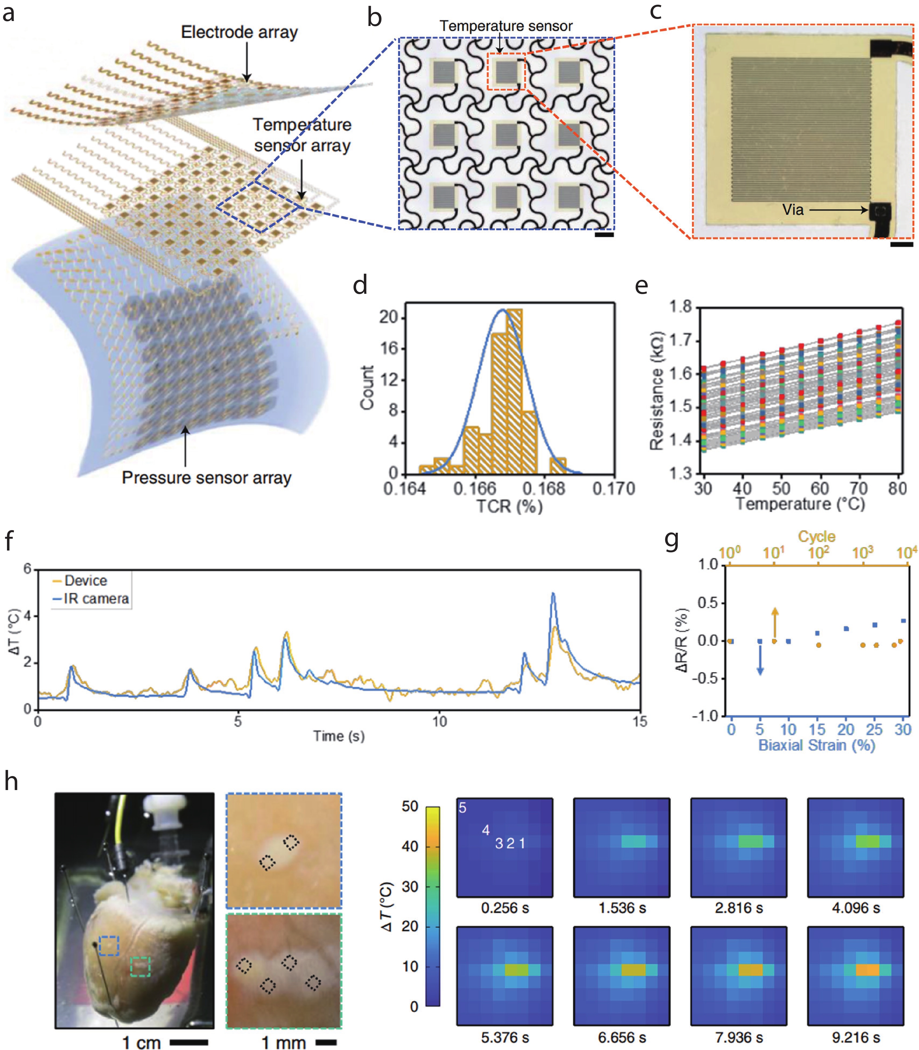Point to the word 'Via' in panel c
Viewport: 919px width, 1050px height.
click(x=793, y=210)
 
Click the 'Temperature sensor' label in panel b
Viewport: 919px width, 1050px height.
click(x=506, y=26)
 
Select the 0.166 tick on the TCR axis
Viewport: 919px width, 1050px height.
click(x=474, y=489)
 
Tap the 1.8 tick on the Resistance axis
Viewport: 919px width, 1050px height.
click(x=681, y=307)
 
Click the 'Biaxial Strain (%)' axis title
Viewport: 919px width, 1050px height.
click(x=816, y=745)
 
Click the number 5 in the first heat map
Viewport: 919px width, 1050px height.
click(x=463, y=808)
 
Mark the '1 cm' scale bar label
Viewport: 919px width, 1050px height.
click(x=141, y=1042)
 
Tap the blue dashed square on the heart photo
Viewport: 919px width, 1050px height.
click(x=109, y=946)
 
